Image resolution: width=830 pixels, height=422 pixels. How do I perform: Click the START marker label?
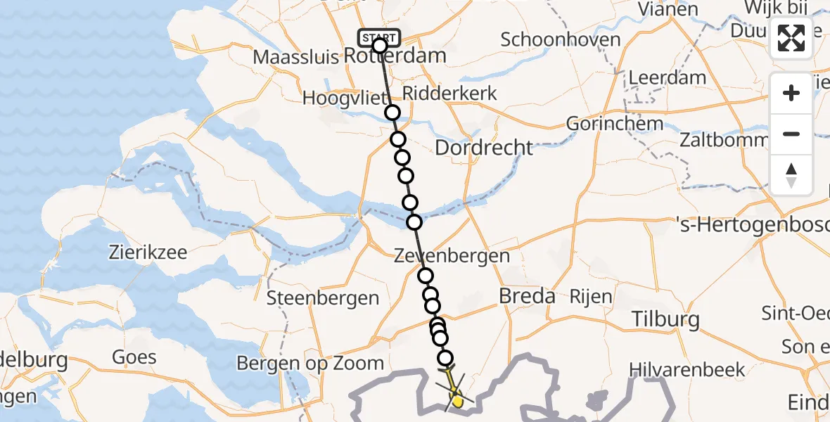point(379,37)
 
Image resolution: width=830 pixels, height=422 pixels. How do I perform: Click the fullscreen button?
point(791,39)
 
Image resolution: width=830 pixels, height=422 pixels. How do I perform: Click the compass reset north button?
point(791,175)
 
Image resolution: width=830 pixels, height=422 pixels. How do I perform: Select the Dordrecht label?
point(484,148)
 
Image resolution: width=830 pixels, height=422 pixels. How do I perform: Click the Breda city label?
point(527,296)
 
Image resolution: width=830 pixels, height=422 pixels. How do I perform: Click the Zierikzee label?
point(148,252)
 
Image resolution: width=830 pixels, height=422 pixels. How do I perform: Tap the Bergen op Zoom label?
point(310,363)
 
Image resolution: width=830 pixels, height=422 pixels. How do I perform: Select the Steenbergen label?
point(323,298)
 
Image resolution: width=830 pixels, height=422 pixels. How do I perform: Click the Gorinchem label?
point(615,124)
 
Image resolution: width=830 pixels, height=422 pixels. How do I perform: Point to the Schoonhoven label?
point(561,39)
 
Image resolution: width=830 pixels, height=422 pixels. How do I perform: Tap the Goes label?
point(134,357)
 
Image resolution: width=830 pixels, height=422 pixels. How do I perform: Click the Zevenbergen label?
point(452,255)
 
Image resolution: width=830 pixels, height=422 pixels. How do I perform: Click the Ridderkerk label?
point(450,93)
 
